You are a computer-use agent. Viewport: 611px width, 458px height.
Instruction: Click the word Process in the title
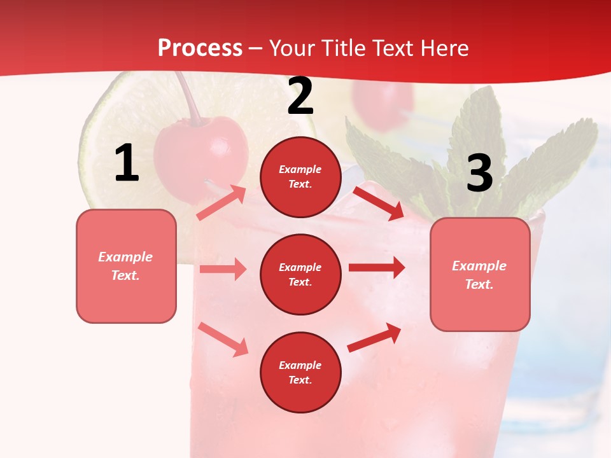click(200, 48)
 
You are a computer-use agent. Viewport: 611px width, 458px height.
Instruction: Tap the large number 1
click(127, 163)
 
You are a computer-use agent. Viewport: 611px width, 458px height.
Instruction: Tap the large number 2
click(300, 97)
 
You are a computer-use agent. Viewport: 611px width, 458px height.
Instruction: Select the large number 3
click(479, 173)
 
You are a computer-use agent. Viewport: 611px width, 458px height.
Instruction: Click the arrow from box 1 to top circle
click(221, 203)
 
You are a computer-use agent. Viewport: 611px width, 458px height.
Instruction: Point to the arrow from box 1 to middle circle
click(223, 269)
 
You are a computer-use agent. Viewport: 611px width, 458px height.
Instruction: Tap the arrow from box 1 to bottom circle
click(223, 339)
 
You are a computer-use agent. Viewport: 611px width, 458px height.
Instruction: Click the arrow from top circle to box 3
click(378, 203)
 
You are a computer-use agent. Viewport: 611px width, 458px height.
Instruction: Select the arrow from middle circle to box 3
click(377, 268)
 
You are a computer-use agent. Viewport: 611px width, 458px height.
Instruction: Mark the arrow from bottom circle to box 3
click(374, 338)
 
